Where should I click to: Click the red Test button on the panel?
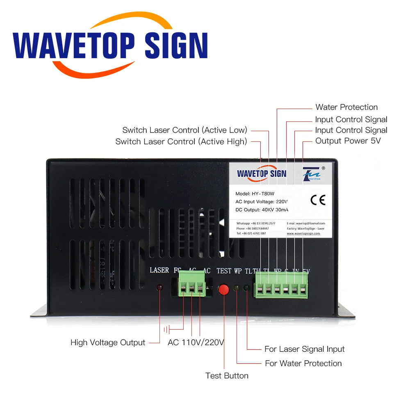(x=224, y=289)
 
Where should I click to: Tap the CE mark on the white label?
(x=318, y=200)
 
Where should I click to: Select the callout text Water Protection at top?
(x=346, y=107)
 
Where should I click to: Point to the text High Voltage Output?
(x=108, y=343)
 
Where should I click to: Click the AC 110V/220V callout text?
(x=196, y=342)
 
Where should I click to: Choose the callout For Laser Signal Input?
(x=304, y=349)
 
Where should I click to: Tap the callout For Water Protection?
(x=303, y=363)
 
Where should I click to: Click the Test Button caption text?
(x=227, y=376)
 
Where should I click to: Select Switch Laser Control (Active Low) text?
(x=185, y=130)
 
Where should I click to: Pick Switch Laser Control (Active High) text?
(x=181, y=142)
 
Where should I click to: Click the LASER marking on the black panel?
(x=159, y=270)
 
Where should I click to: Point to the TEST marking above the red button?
(x=224, y=271)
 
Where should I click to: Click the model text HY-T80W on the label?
(x=262, y=194)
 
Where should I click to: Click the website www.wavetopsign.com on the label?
(x=303, y=233)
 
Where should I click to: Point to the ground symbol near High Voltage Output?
(x=166, y=329)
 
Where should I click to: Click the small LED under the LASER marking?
(x=159, y=287)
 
